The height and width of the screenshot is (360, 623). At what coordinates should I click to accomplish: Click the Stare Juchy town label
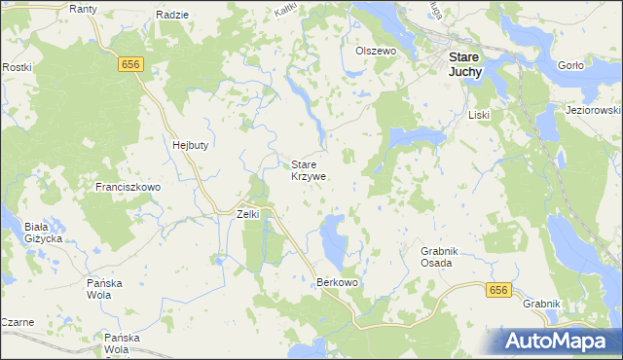tap(466, 64)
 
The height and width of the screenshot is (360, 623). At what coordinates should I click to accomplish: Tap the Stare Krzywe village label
tap(309, 171)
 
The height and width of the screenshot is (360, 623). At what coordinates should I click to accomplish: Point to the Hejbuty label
tap(191, 144)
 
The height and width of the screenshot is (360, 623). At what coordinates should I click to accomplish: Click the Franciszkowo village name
tap(128, 185)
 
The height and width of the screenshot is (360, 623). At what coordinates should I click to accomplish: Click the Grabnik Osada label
tap(435, 257)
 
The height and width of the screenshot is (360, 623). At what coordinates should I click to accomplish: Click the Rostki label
tap(17, 67)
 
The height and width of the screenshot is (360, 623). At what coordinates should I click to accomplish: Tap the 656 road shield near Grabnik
tap(498, 290)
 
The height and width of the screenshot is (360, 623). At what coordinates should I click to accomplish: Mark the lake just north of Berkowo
tap(333, 240)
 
